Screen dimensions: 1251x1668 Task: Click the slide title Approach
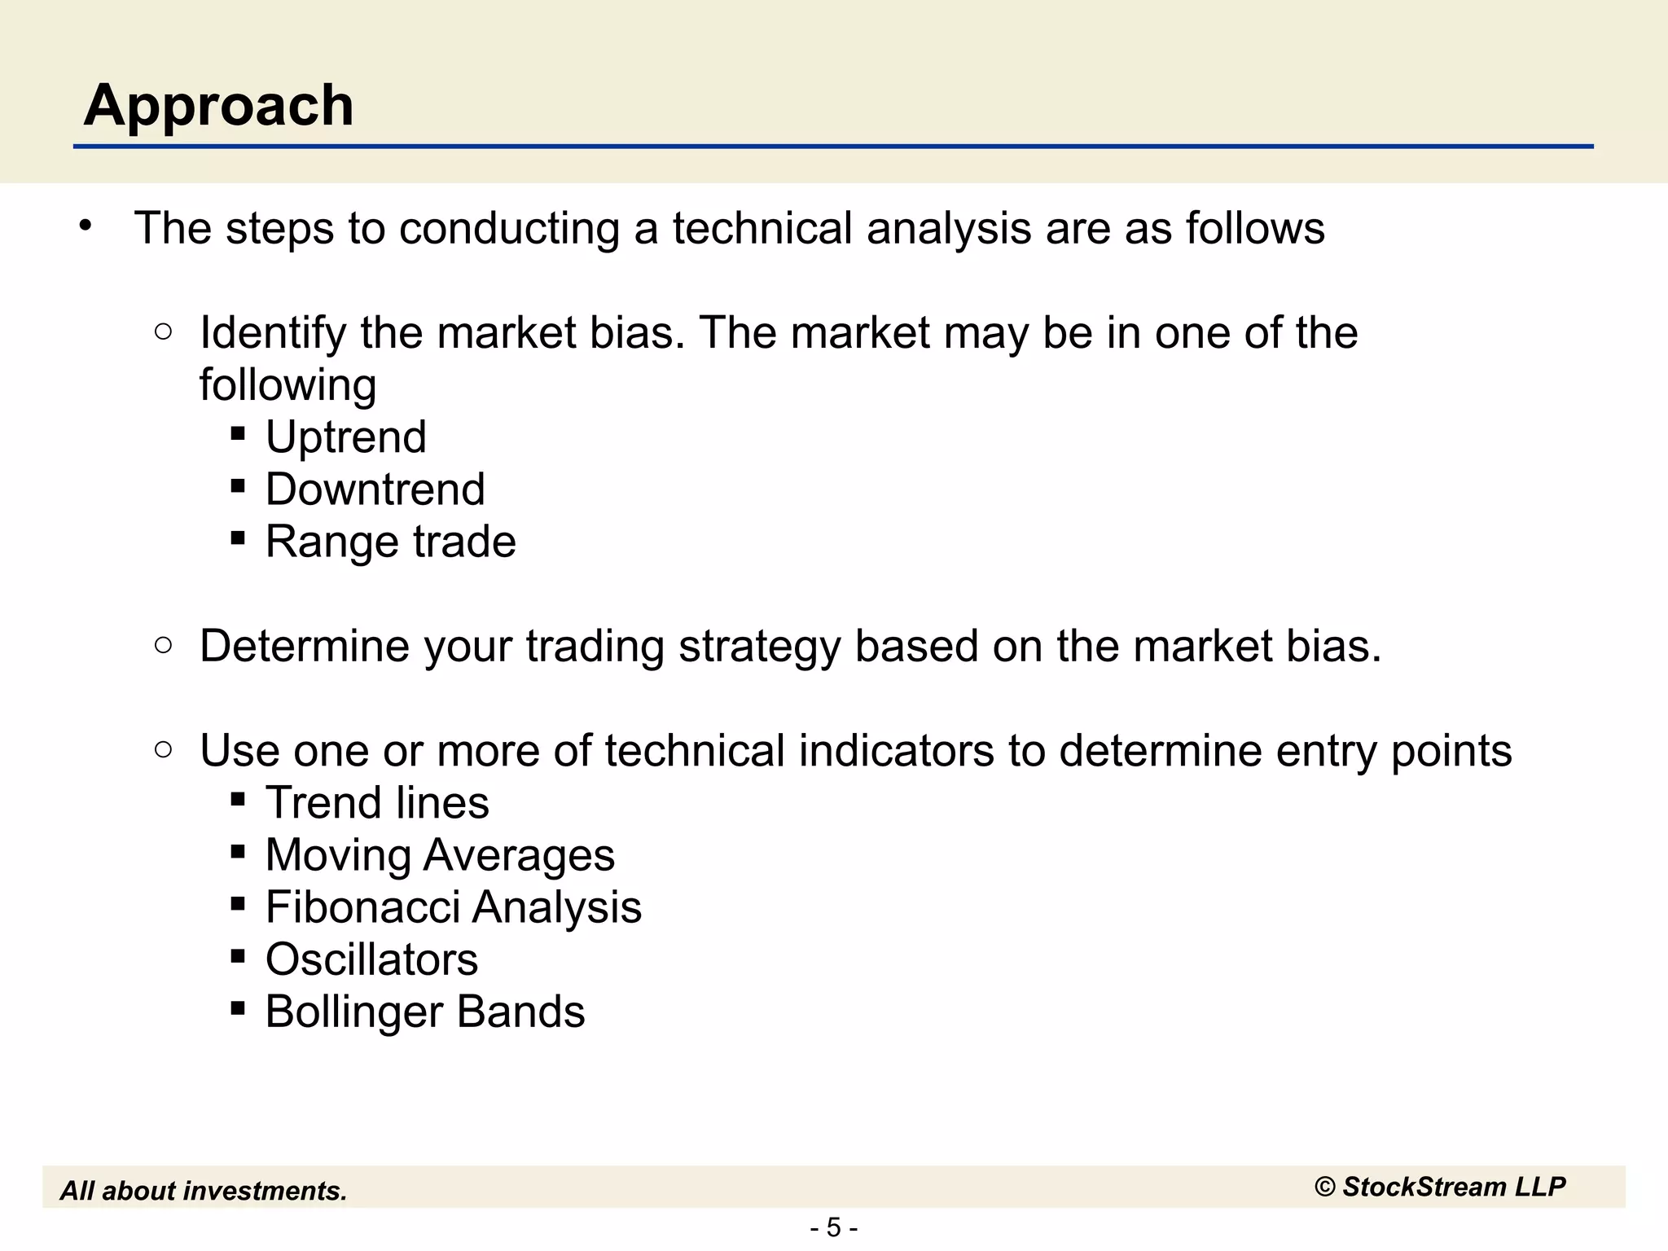218,106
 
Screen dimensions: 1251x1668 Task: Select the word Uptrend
345,437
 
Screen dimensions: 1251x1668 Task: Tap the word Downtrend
375,489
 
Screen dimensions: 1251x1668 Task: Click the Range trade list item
390,542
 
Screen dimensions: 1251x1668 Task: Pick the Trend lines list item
377,803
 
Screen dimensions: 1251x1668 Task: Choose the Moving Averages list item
440,855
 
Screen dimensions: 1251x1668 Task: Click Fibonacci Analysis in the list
453,907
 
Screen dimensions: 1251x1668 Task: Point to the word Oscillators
371,959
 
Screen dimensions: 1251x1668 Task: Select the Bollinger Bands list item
424,1012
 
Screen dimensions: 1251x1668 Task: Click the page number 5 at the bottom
833,1227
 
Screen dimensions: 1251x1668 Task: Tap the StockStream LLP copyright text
1440,1187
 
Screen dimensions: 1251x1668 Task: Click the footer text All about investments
204,1191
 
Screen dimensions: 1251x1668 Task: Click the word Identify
273,333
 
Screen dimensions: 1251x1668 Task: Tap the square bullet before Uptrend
238,432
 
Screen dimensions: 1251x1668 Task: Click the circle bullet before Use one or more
163,749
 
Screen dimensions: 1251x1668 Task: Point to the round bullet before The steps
86,226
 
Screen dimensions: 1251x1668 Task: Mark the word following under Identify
288,385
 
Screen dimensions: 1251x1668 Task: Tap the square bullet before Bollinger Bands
238,1008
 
